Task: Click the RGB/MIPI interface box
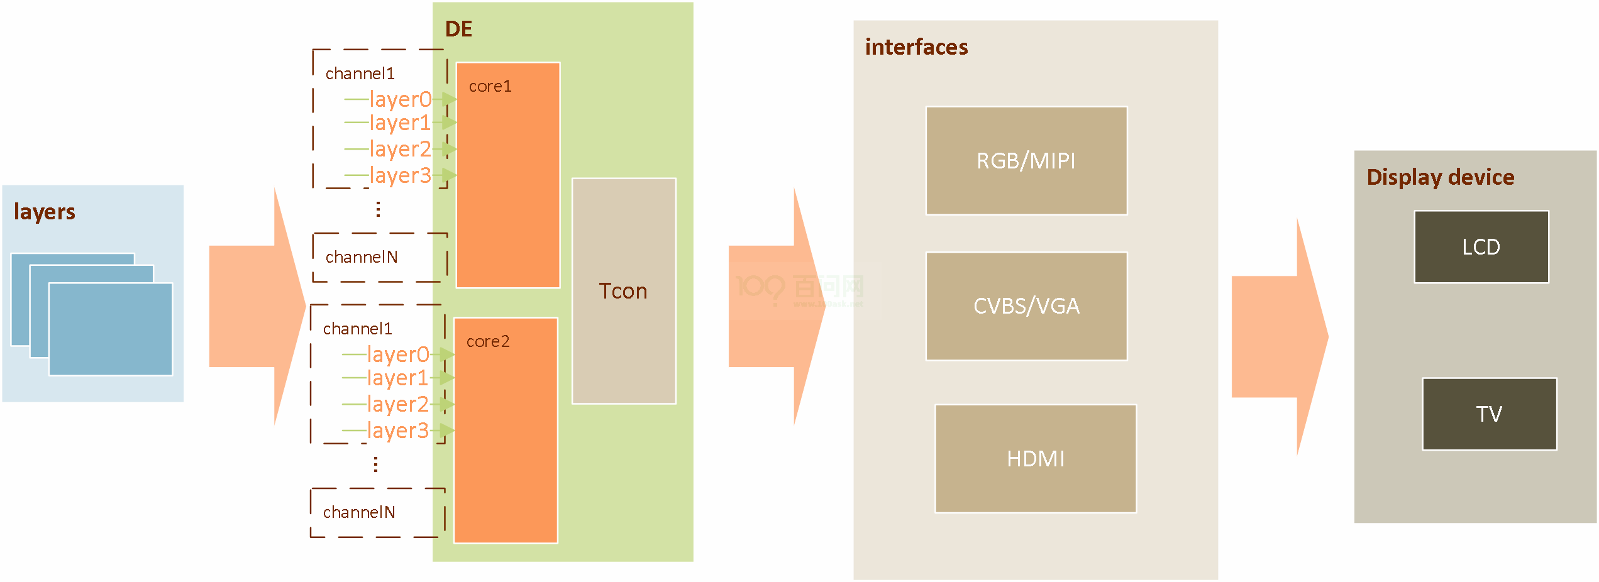(1026, 161)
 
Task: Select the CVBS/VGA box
(1026, 306)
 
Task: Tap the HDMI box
(1036, 459)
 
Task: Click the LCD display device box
(1481, 247)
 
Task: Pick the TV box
(1489, 414)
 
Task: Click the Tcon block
(623, 291)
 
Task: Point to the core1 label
(490, 86)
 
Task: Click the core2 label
(487, 341)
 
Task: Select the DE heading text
(458, 29)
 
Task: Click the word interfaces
(916, 47)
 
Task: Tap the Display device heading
(1440, 177)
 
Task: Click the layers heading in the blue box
(44, 212)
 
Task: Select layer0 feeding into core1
(400, 99)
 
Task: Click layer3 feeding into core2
(397, 431)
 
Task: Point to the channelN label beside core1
(361, 257)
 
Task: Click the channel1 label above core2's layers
(357, 329)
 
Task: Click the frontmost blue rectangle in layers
(111, 329)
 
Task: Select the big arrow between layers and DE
(258, 306)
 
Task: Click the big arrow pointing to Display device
(1280, 336)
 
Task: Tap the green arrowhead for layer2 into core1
(449, 149)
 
